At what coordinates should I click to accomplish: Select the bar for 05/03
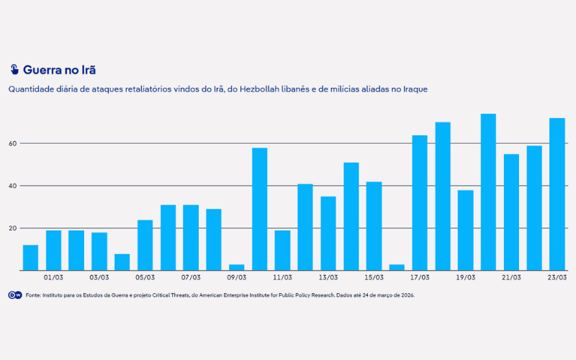coord(145,246)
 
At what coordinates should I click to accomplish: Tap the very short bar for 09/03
coord(237,267)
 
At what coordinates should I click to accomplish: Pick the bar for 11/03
coord(282,251)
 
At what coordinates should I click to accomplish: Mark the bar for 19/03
coord(466,230)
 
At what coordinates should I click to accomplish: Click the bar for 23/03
coord(557,194)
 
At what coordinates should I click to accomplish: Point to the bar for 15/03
coord(374,226)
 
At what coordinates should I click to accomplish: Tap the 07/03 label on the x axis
coord(191,277)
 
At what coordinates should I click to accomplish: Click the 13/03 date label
coord(328,277)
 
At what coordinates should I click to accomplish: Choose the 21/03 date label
coord(511,277)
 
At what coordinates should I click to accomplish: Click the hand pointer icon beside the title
coord(14,70)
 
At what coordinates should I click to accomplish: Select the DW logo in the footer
coord(14,295)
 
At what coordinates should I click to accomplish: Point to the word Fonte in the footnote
coord(34,295)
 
